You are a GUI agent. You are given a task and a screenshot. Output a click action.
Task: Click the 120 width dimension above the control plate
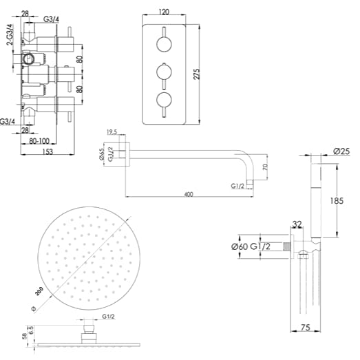point(165,12)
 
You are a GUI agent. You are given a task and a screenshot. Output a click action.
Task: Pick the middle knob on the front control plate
point(165,72)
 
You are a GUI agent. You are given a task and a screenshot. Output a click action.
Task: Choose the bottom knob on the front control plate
point(165,100)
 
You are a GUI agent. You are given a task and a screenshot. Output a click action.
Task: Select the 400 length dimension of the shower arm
point(189,195)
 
